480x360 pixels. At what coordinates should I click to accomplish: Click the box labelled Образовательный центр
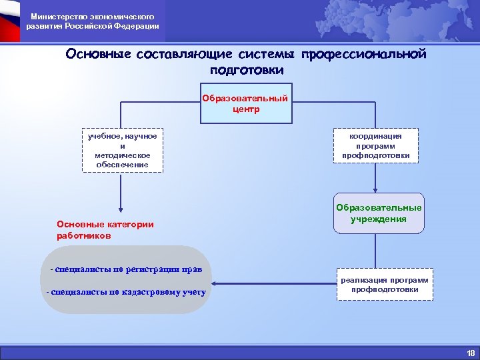[246, 103]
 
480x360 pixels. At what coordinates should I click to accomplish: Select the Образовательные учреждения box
[379, 213]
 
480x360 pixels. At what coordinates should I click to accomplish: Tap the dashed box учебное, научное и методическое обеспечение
[123, 150]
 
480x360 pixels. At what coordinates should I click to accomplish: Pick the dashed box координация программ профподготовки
[376, 145]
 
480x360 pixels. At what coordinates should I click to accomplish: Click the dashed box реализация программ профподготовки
[385, 285]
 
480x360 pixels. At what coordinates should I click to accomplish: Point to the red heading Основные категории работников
[105, 229]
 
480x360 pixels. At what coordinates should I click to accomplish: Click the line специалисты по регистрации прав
[126, 269]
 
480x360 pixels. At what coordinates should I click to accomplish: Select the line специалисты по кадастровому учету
[126, 292]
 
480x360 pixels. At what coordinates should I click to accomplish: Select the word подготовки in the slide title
[246, 69]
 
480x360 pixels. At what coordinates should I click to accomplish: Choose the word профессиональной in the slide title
[363, 54]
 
